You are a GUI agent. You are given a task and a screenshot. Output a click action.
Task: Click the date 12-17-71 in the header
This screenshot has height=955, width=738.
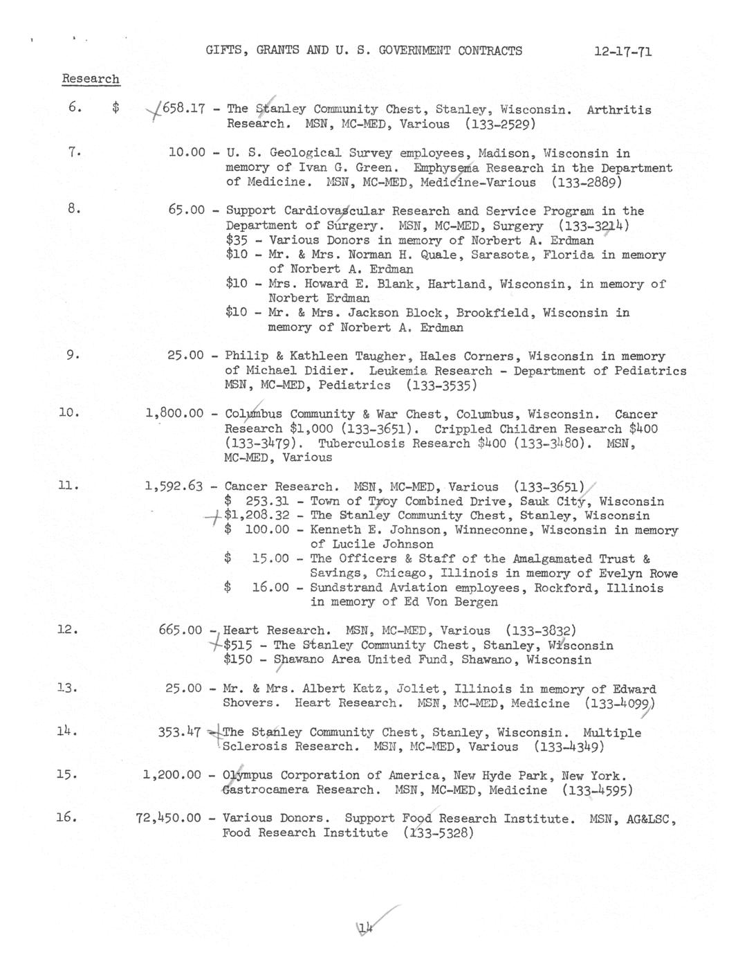(622, 51)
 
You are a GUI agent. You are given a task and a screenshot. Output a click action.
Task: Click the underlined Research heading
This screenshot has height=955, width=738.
(91, 79)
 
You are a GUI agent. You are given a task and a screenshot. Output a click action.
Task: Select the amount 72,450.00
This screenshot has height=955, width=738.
(168, 818)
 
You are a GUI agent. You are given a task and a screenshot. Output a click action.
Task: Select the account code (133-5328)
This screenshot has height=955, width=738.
(439, 833)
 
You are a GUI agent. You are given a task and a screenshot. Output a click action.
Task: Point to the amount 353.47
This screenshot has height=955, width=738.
(179, 732)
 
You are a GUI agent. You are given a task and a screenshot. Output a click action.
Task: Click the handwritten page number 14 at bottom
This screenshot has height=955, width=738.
(366, 928)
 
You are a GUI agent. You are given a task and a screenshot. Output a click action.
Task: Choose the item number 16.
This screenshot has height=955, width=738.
(66, 817)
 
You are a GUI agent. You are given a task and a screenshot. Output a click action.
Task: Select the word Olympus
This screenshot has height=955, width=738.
(248, 775)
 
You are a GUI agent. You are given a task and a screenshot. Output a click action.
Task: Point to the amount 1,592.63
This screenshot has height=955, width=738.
(174, 486)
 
